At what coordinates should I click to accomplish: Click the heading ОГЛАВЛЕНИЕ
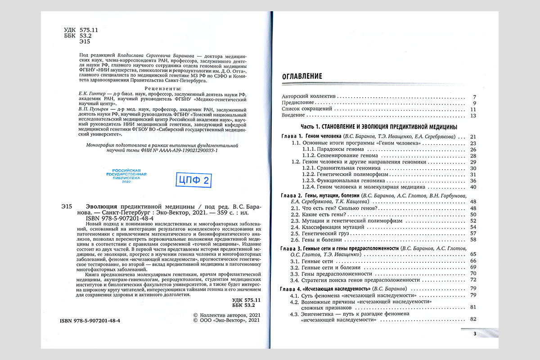(302, 76)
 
